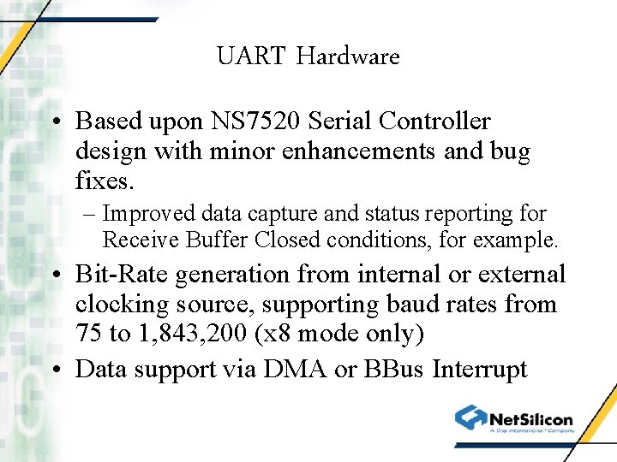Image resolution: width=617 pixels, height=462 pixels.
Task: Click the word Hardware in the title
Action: (348, 56)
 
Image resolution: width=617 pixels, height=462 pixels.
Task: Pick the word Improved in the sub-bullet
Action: (150, 213)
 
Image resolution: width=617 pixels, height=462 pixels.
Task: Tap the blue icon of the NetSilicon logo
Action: (470, 418)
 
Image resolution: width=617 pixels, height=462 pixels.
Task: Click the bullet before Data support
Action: (56, 370)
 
